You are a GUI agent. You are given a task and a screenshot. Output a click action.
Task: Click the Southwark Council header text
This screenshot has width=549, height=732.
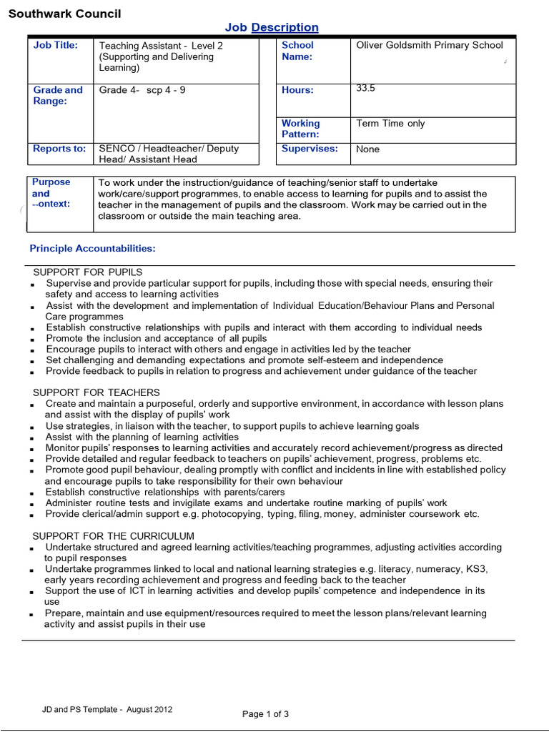click(64, 14)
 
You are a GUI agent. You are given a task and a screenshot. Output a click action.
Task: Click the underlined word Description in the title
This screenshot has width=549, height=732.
click(285, 28)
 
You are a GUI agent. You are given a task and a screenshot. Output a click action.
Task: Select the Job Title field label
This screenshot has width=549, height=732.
click(56, 45)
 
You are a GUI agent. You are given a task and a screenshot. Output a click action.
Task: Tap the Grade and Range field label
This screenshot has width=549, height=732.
click(58, 96)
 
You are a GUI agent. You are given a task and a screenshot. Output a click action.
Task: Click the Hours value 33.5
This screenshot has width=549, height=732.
click(365, 89)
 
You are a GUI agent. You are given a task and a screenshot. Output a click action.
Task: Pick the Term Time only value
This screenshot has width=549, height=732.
click(390, 124)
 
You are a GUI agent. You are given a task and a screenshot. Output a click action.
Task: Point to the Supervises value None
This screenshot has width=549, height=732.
click(368, 149)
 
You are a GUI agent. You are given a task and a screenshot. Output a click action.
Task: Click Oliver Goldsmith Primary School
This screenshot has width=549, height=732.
click(430, 45)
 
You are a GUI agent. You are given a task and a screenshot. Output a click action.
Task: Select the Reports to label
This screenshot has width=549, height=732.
click(59, 149)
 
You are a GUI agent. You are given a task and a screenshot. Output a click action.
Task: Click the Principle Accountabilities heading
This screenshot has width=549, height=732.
click(92, 249)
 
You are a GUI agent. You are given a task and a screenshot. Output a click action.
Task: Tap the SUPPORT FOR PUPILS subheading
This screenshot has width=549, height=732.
click(88, 272)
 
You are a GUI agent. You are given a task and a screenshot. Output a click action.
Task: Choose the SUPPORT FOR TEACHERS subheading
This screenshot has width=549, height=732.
click(97, 392)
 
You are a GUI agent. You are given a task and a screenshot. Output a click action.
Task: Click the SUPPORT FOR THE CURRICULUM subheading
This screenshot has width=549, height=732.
click(114, 536)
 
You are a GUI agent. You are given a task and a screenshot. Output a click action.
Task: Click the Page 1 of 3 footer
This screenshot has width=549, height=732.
click(266, 714)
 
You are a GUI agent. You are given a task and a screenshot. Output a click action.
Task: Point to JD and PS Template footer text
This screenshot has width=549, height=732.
click(107, 710)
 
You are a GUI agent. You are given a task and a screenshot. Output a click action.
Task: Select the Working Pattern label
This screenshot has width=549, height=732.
click(301, 129)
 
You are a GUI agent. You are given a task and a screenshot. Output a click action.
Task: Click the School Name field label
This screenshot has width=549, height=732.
click(297, 51)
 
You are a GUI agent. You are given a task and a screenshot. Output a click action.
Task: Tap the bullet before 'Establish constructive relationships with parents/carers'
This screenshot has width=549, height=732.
click(33, 493)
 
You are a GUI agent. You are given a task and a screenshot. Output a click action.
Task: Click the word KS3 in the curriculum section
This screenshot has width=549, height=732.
click(475, 569)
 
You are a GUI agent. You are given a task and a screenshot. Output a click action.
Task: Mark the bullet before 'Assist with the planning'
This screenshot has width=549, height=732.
click(33, 438)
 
